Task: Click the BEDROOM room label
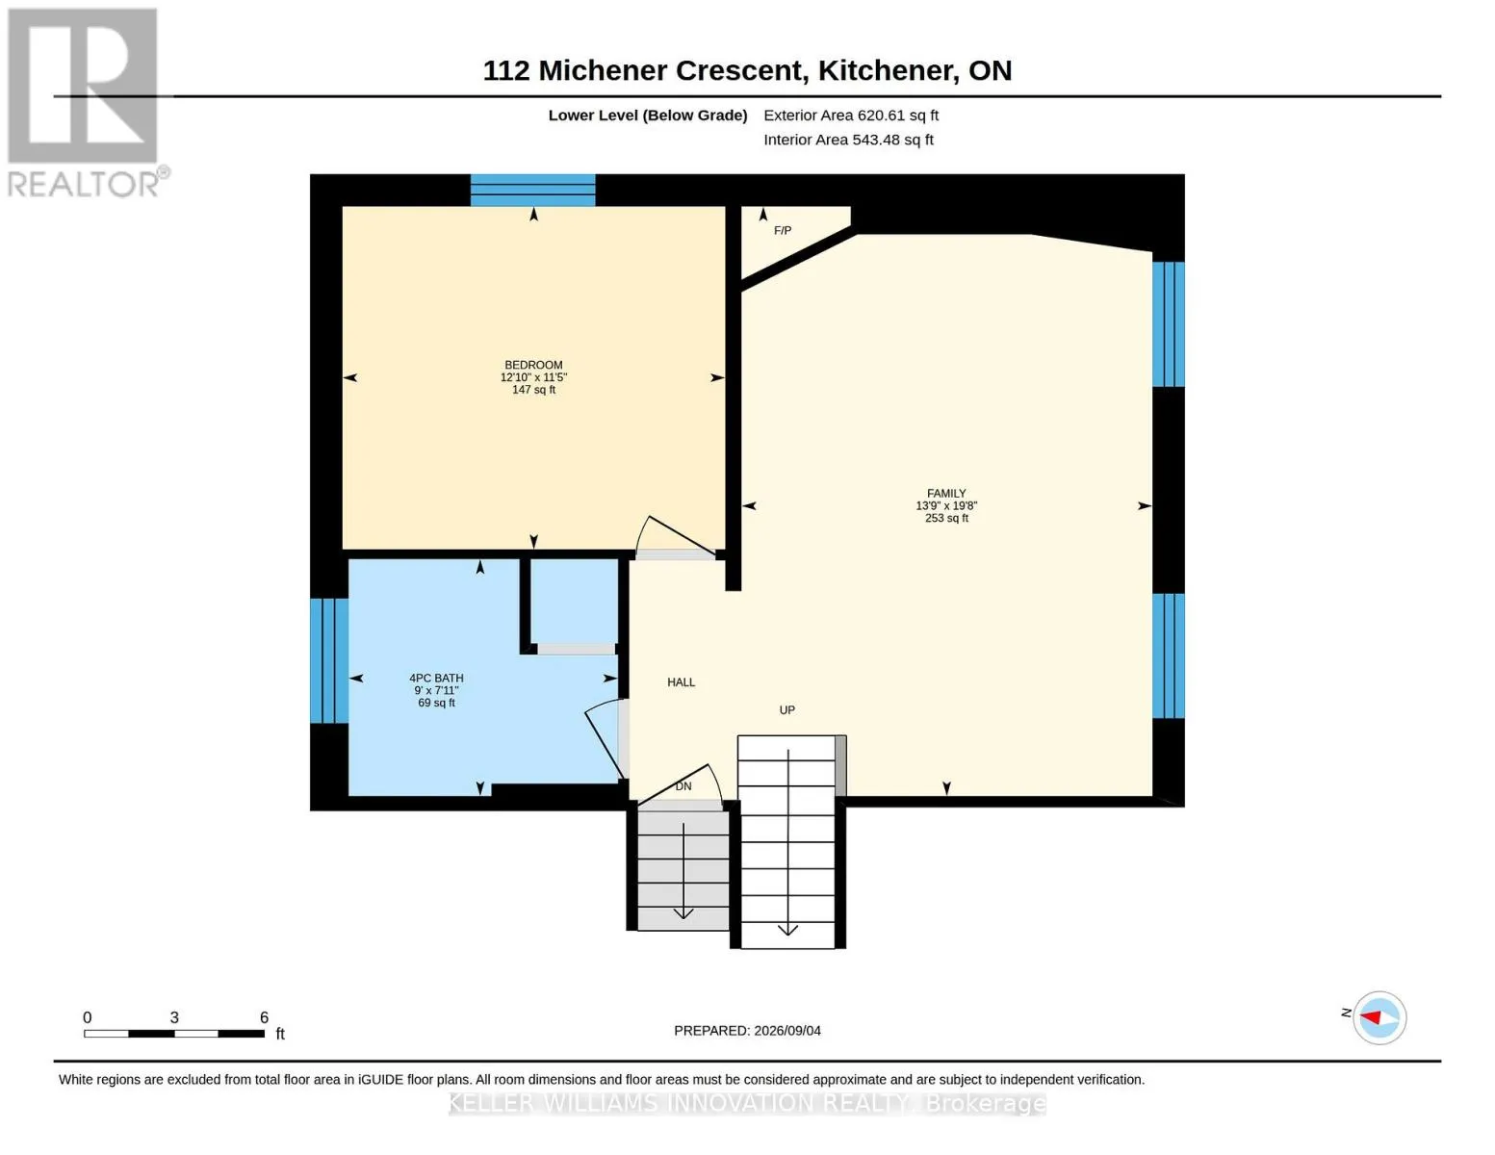point(533,365)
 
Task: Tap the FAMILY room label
point(946,493)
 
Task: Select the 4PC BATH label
point(436,678)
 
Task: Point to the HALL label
point(682,682)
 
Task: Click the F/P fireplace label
point(783,230)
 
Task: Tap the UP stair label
point(787,710)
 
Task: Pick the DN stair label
point(683,786)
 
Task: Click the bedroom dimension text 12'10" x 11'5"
point(533,377)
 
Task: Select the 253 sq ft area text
point(946,518)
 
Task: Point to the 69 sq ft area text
point(436,703)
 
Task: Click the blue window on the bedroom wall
point(532,191)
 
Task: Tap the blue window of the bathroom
point(329,661)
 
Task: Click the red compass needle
point(1370,1017)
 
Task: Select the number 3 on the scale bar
point(174,1017)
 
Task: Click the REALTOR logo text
point(83,185)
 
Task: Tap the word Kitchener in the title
point(882,70)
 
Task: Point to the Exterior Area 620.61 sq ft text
point(851,115)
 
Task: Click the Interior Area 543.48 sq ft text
point(848,140)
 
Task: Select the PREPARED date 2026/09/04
point(787,1031)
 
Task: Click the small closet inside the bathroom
point(575,600)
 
